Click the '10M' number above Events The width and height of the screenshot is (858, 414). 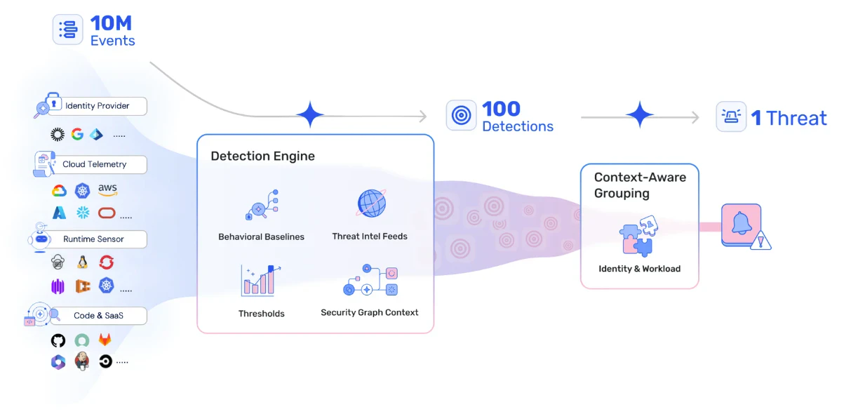(x=112, y=23)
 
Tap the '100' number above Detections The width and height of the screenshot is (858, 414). (x=501, y=109)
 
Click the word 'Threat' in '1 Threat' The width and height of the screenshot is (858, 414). (x=796, y=118)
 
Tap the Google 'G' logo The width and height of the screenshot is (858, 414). (x=77, y=134)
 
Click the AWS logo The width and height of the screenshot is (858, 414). (x=107, y=189)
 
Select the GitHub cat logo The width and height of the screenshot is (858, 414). (x=58, y=340)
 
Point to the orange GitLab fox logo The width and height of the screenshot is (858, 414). (x=105, y=340)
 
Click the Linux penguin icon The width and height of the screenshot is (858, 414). (x=83, y=262)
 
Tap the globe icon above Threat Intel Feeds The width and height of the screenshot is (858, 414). (x=371, y=203)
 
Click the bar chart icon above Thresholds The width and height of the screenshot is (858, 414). (x=260, y=280)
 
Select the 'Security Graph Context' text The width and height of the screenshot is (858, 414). (x=370, y=312)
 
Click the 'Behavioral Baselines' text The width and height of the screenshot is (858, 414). (x=261, y=236)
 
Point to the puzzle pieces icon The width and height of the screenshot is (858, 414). (x=638, y=234)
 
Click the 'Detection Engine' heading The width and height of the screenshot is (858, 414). (x=262, y=156)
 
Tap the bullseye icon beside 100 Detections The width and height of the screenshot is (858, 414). (x=461, y=116)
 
